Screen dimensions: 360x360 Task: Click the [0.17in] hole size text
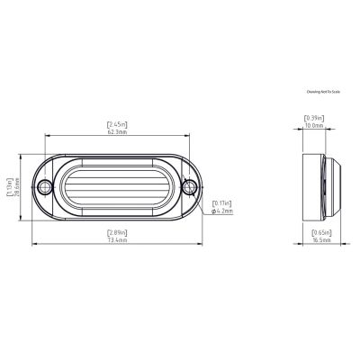point(222,204)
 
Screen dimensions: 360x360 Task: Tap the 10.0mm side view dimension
point(314,127)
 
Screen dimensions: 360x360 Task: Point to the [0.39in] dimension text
point(314,118)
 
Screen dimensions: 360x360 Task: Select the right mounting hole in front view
point(189,187)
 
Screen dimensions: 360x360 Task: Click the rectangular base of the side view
point(312,187)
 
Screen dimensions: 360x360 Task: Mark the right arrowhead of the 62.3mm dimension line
point(187,136)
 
